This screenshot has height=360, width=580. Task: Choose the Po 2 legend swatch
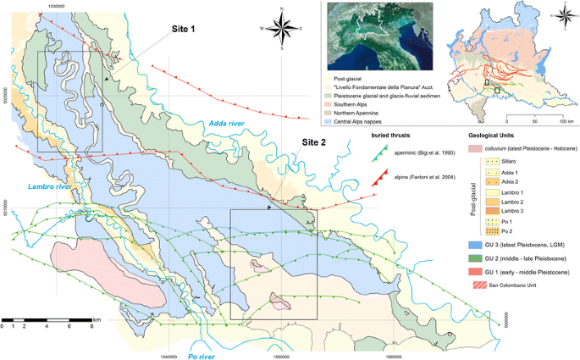click(488, 230)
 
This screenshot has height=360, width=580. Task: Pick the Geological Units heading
click(498, 136)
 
